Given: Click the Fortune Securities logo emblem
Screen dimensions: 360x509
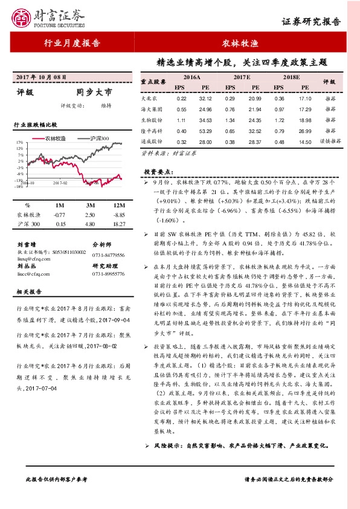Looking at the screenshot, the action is tap(22, 19).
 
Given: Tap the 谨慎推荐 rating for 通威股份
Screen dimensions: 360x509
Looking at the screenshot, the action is tap(330, 141).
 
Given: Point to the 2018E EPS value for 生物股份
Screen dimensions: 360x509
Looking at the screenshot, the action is tap(279, 120).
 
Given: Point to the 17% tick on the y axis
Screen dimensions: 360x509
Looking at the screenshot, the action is tap(21, 143).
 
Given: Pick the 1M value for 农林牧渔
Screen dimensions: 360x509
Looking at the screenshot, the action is tap(59, 215).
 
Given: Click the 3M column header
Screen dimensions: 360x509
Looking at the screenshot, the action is tap(89, 205).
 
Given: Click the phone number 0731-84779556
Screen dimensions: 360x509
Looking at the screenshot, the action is tap(109, 254).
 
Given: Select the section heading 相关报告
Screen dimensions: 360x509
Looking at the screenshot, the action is tap(28, 291).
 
